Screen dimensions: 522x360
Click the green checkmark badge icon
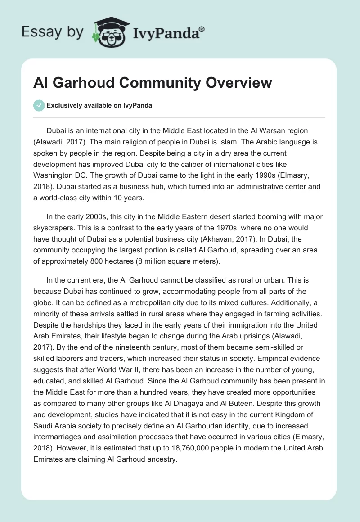point(39,105)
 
